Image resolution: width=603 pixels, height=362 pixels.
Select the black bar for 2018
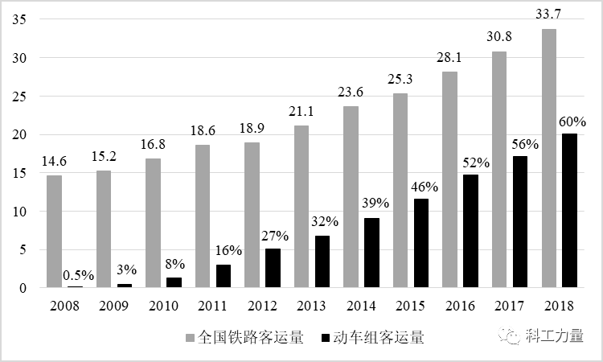click(570, 210)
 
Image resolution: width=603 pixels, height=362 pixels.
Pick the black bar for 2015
click(421, 243)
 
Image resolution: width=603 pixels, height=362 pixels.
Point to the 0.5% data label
click(78, 275)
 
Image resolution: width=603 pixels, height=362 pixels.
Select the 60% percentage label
click(572, 122)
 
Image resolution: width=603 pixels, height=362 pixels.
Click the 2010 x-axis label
click(165, 305)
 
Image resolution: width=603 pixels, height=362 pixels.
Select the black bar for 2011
click(224, 276)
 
